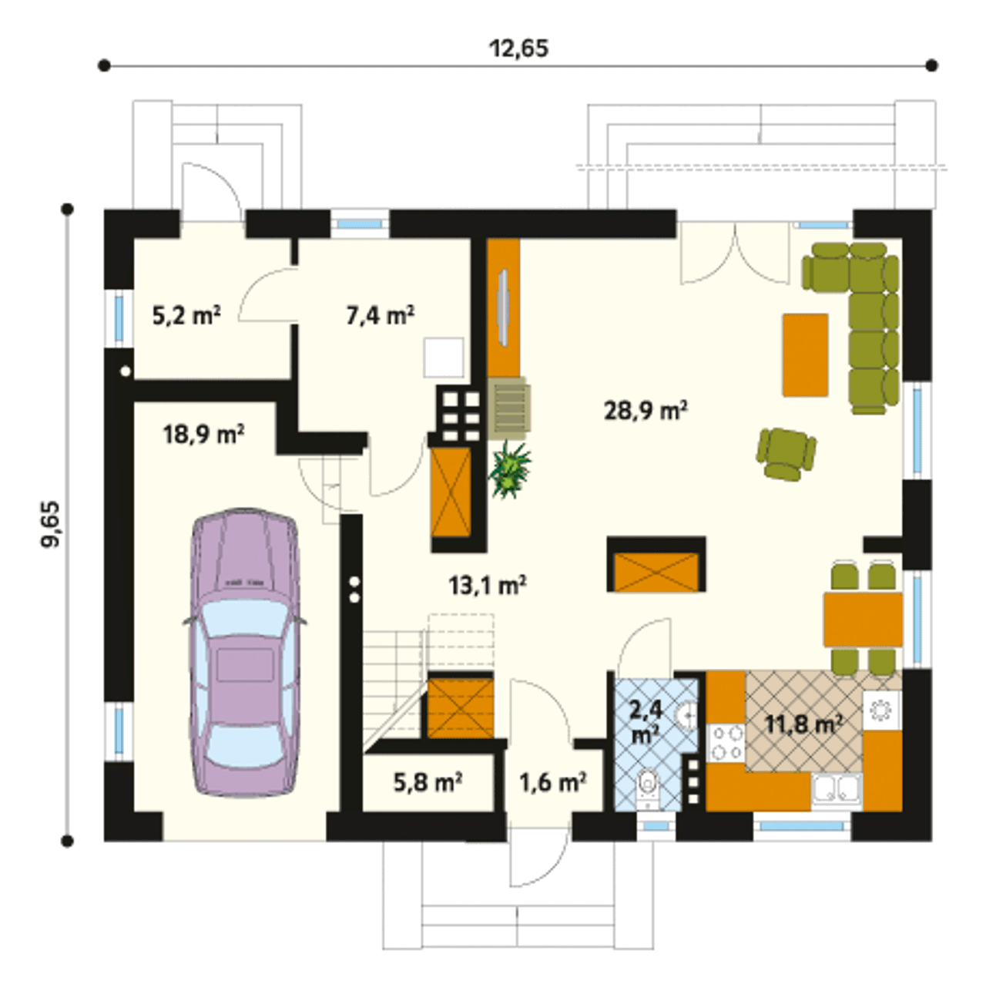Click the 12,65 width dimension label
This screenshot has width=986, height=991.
(x=518, y=49)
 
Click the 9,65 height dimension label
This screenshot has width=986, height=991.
(x=52, y=525)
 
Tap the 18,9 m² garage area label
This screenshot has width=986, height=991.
(x=203, y=435)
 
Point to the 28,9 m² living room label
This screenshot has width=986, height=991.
(x=646, y=411)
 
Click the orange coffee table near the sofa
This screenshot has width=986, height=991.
(x=805, y=354)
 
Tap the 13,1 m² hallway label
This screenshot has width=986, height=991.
(x=488, y=585)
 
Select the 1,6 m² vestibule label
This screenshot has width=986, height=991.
(x=553, y=782)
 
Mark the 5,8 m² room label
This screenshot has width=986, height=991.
(x=428, y=782)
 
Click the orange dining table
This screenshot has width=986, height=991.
(x=864, y=620)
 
